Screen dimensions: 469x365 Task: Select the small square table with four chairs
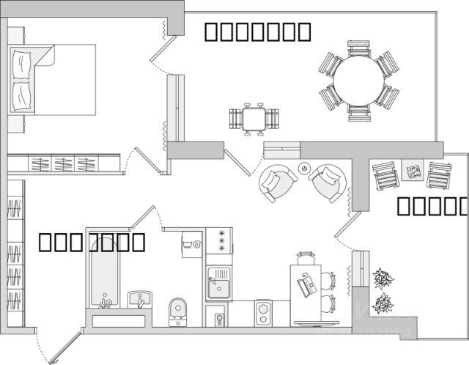point(254,118)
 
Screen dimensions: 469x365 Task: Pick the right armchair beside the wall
point(327,182)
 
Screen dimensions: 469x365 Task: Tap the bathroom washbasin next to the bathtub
point(139,298)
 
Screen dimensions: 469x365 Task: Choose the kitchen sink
point(218,283)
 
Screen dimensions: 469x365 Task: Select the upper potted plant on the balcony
point(383,279)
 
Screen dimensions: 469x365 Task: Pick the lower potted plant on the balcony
point(383,303)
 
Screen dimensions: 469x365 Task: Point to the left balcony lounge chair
point(385,176)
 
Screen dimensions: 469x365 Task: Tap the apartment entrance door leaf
point(62,349)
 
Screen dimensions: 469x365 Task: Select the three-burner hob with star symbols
point(218,240)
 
